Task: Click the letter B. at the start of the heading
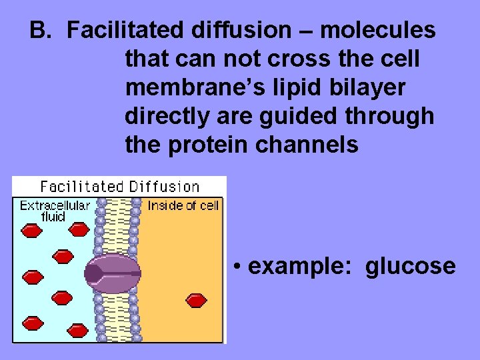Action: tap(41, 30)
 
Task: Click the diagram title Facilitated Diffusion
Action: tap(120, 187)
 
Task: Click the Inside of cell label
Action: tap(183, 205)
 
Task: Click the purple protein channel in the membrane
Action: tap(112, 273)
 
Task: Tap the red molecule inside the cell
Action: tap(197, 301)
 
